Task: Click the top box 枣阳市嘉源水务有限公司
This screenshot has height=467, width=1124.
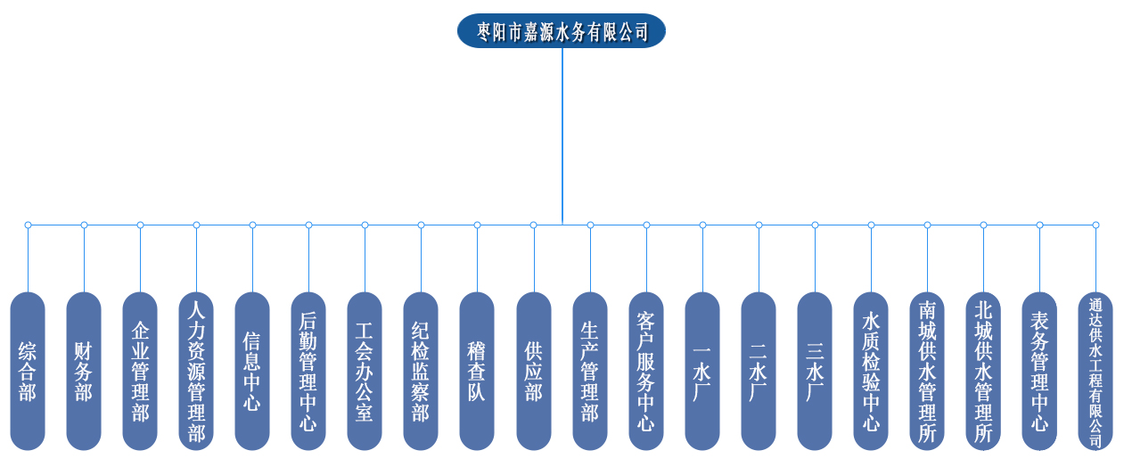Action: (x=562, y=31)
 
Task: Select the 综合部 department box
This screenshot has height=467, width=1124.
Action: (x=28, y=370)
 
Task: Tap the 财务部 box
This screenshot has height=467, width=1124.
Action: (x=84, y=370)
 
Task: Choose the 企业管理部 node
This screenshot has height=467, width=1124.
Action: (x=140, y=370)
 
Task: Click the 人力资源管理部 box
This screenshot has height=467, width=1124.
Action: (x=196, y=370)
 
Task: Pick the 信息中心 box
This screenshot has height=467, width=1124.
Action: (x=252, y=370)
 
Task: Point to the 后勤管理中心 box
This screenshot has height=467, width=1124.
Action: (x=308, y=370)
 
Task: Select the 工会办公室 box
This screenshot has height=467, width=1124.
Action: (x=365, y=370)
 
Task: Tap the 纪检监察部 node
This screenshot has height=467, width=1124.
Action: (x=421, y=370)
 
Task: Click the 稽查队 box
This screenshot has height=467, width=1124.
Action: (x=477, y=370)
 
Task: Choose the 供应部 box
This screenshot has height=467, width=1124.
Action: (x=533, y=370)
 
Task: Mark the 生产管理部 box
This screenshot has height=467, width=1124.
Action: (x=590, y=370)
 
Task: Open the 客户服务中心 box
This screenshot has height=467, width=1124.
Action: (x=646, y=370)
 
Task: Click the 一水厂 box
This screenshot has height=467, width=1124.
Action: (x=702, y=370)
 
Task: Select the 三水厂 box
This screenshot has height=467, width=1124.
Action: (x=815, y=370)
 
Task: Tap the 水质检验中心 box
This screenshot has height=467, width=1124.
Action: (x=871, y=370)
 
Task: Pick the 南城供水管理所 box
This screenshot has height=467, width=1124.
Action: (x=927, y=370)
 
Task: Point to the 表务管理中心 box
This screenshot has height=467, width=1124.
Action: (x=1039, y=370)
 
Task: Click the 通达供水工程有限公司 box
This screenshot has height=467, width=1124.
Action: (x=1095, y=370)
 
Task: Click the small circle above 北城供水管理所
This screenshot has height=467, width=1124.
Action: (x=983, y=225)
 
